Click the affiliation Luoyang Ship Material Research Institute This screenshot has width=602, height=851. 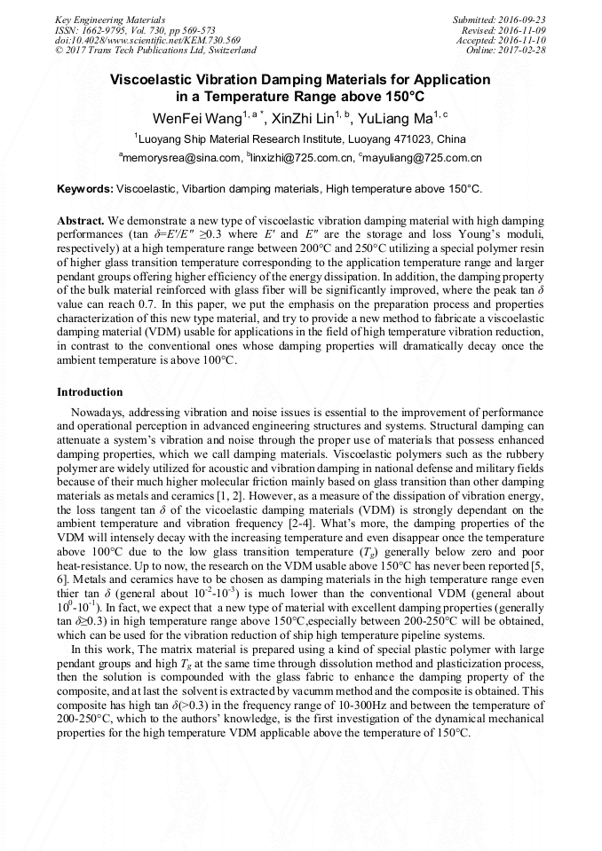240,138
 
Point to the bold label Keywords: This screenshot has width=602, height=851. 84,189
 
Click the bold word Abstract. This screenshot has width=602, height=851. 81,219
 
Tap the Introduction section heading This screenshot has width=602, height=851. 90,391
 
